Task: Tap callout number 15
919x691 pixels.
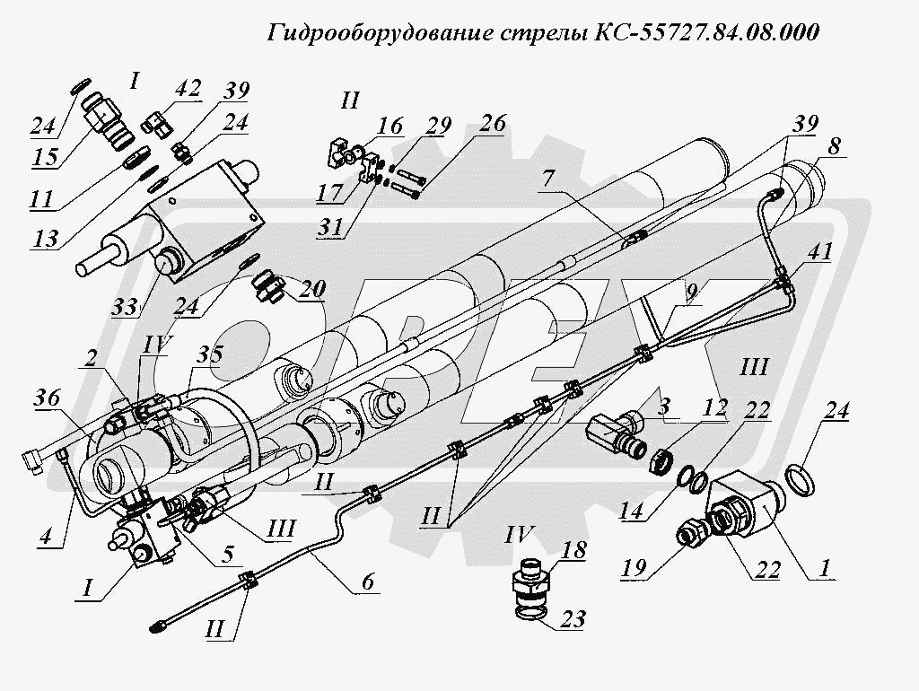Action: [x=45, y=158]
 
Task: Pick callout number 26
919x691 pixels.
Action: [x=492, y=122]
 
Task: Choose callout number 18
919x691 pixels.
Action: [x=575, y=550]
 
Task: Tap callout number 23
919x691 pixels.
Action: [x=575, y=620]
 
